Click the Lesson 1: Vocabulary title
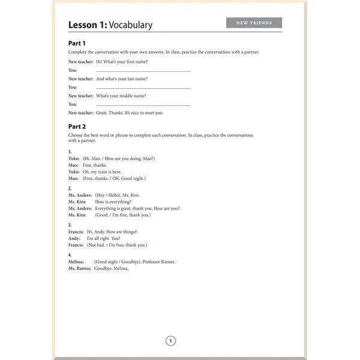click(110, 25)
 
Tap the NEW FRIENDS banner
click(254, 23)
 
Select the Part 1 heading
click(77, 43)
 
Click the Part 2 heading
click(77, 127)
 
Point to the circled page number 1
click(170, 341)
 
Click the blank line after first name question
click(143, 71)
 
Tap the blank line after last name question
click(143, 88)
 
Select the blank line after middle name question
click(143, 104)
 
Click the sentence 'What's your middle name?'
click(121, 95)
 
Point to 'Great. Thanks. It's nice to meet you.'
click(129, 112)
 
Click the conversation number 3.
click(70, 225)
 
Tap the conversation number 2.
click(70, 188)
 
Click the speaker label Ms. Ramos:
click(79, 268)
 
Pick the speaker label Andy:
click(74, 238)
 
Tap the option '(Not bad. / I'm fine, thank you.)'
click(117, 245)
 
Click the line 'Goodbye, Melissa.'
click(112, 268)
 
